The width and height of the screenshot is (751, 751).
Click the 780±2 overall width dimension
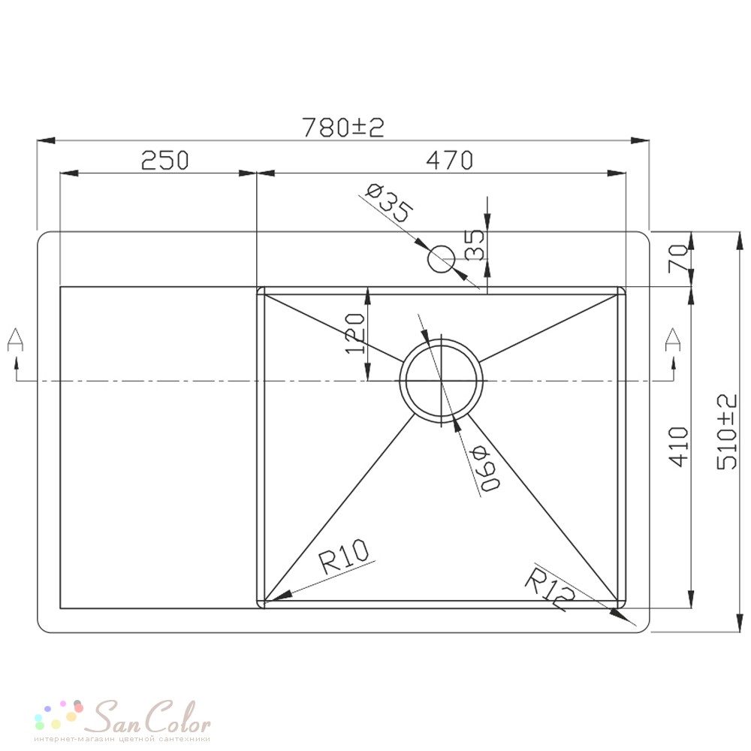pos(343,128)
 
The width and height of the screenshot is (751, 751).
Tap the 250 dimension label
pos(165,160)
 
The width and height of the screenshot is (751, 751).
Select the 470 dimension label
pos(449,160)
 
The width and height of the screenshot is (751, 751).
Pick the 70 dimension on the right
pos(678,258)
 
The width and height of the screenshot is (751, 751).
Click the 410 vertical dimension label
pos(678,446)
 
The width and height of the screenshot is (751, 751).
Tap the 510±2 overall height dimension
pos(726,432)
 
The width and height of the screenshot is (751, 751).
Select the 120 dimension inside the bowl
pos(355,333)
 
